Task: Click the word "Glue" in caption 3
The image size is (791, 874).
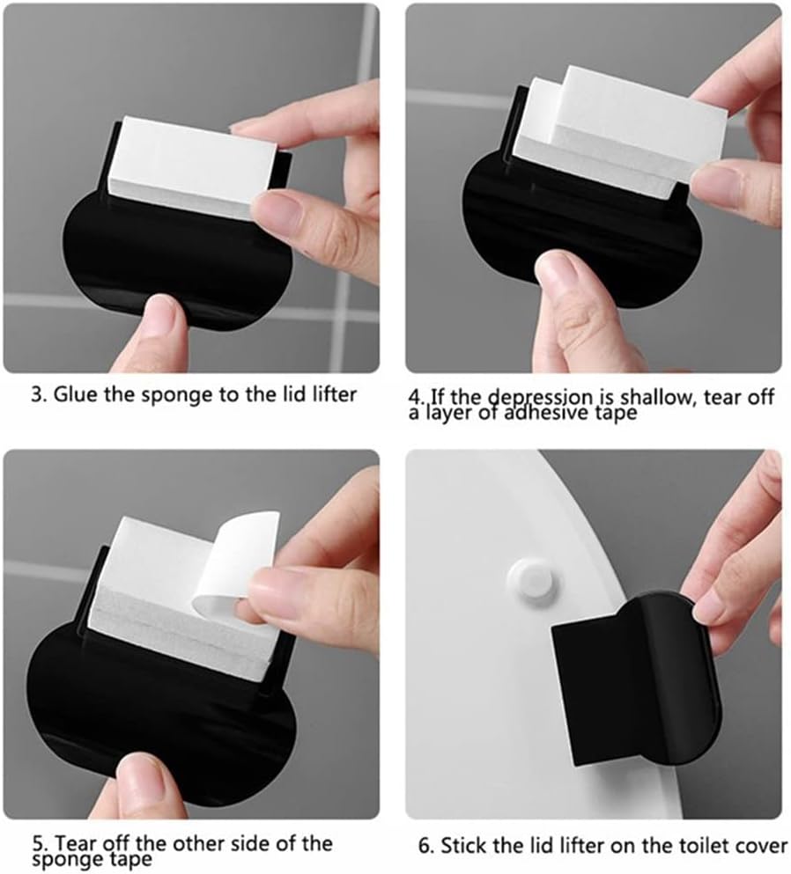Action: [x=76, y=394]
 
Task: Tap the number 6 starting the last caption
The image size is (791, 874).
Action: [x=424, y=846]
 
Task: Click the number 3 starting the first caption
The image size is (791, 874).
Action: [x=37, y=395]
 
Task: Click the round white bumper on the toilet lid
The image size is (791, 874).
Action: [x=532, y=583]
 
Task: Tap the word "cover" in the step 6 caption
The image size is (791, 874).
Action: [x=763, y=846]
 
